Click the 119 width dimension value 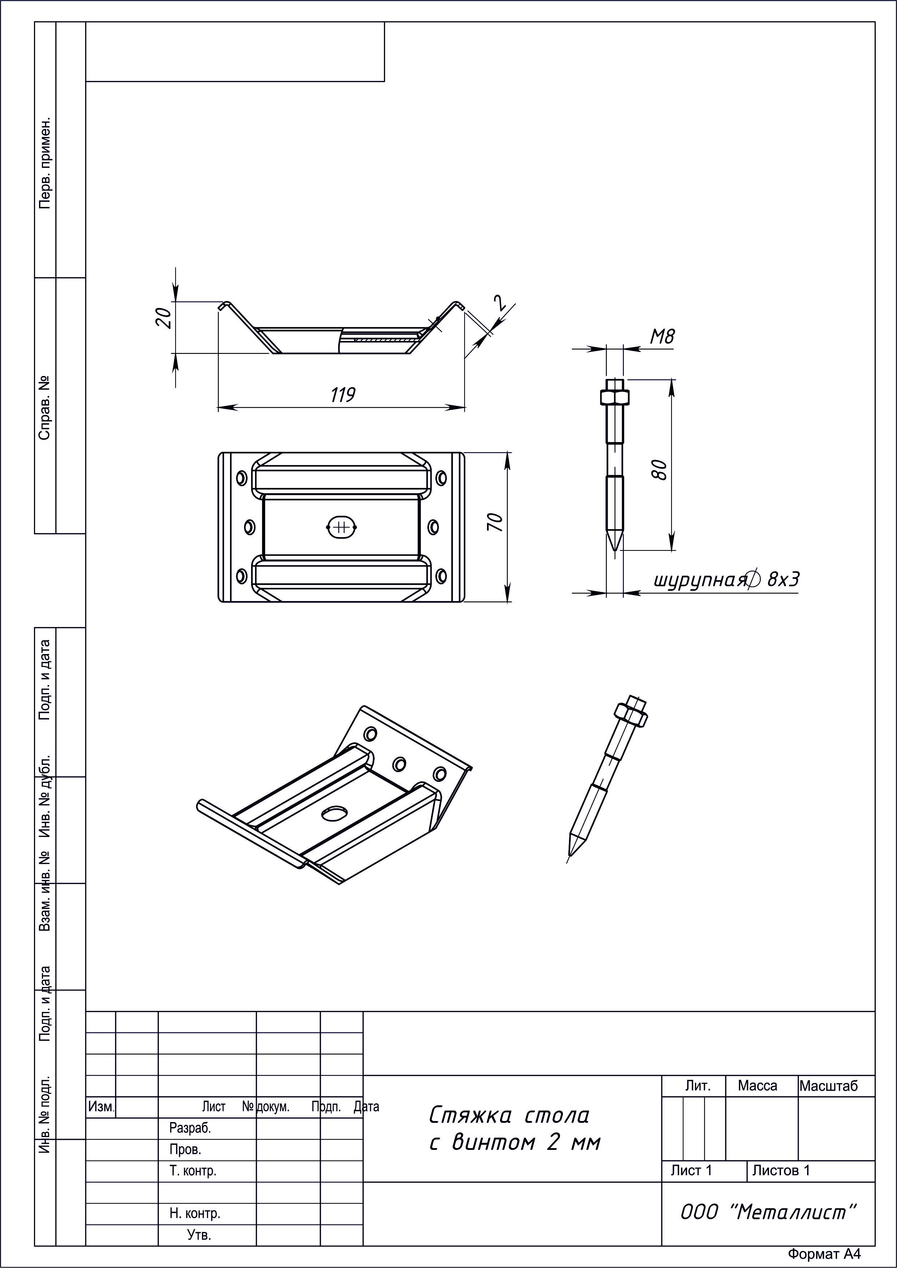click(x=343, y=395)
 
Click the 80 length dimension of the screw click(x=660, y=470)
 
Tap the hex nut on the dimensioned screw click(x=614, y=397)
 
